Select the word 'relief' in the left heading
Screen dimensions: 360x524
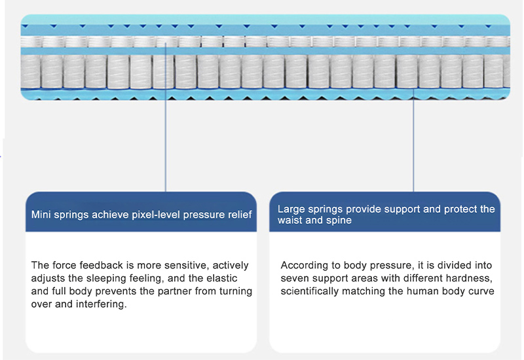[x=238, y=215]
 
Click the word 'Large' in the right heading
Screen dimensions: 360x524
[x=291, y=209]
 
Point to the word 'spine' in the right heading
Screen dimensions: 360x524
[x=339, y=221]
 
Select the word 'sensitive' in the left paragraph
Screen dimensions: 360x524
[x=184, y=265]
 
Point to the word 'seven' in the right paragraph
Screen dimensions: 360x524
[x=294, y=278]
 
